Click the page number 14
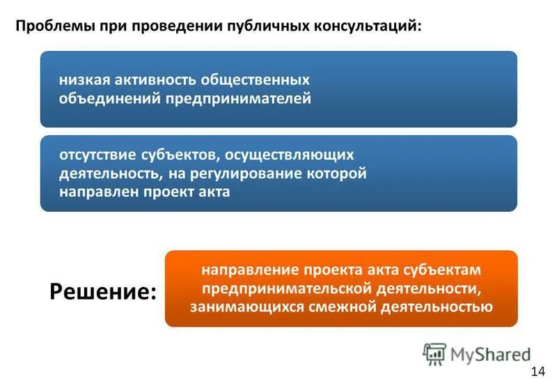coord(538,370)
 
